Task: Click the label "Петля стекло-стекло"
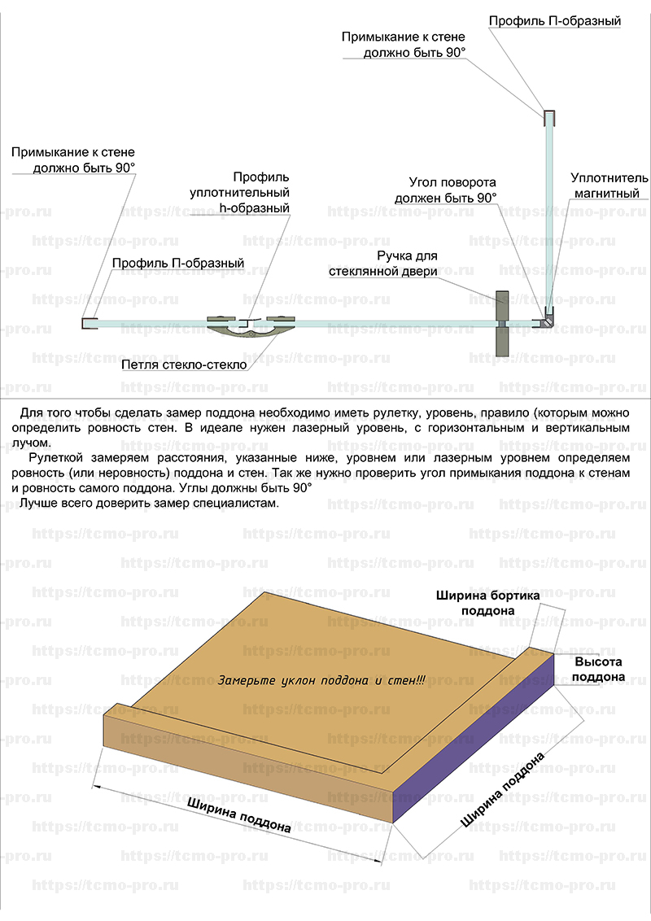184,364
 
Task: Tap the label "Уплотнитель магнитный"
609,186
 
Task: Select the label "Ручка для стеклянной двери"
383,264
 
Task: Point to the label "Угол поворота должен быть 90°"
446,190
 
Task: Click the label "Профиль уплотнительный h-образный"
240,192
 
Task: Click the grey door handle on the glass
502,324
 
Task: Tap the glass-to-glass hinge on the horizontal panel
251,325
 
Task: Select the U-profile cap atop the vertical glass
549,118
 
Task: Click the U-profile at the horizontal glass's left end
90,323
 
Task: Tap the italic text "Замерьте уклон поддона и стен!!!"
321,680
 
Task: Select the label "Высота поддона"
598,669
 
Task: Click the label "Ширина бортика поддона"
487,603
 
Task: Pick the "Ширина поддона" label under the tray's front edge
239,814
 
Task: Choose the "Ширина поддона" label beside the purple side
502,789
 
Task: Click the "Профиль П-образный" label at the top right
555,21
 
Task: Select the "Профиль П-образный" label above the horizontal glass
178,263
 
